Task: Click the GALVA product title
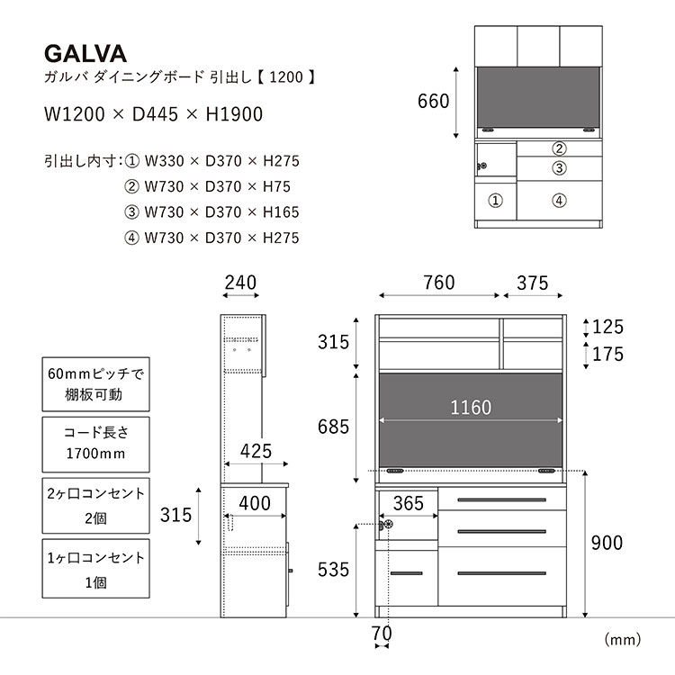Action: [85, 54]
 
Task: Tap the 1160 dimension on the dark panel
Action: [471, 407]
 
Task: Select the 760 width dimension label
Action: [438, 283]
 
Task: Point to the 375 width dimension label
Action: [533, 283]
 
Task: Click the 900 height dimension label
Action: [607, 543]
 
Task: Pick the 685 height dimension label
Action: [333, 427]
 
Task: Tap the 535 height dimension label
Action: [333, 570]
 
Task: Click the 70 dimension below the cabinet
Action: [382, 634]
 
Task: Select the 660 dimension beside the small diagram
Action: [433, 101]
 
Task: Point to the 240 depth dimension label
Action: [240, 283]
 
